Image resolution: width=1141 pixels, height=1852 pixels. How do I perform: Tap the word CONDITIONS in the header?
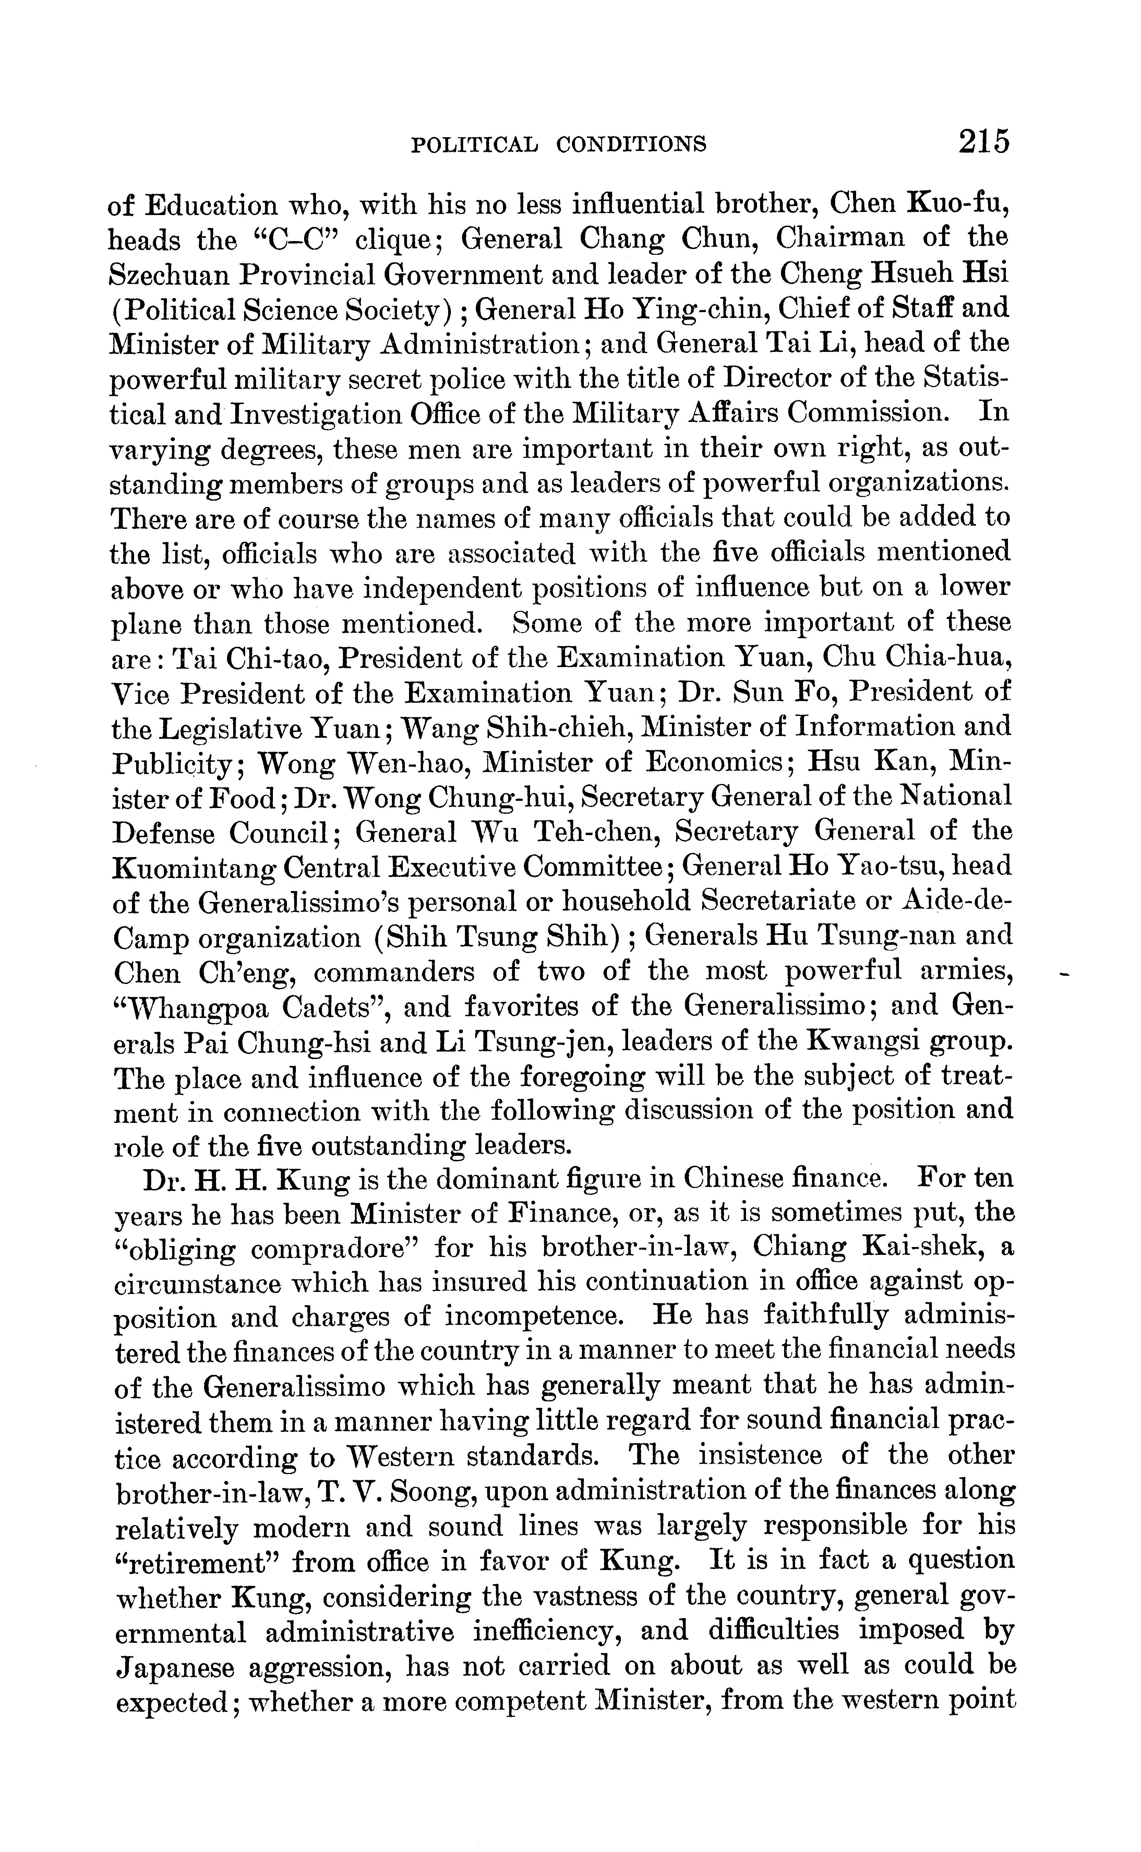(631, 143)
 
